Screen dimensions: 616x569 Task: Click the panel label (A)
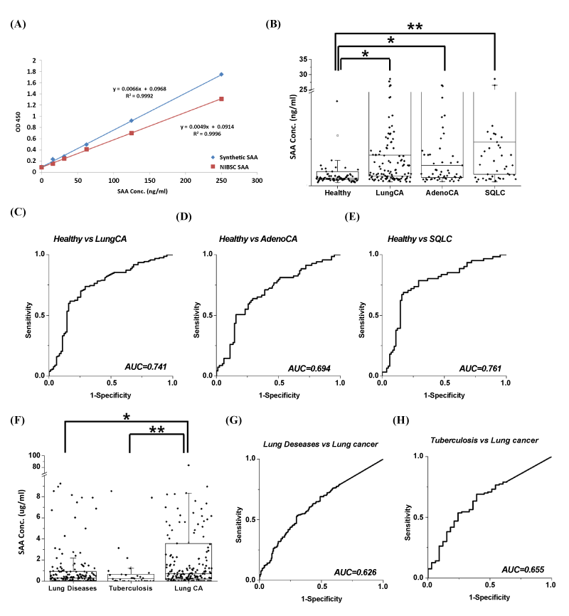pyautogui.click(x=18, y=24)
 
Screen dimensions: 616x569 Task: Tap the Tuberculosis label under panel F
pyautogui.click(x=130, y=588)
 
